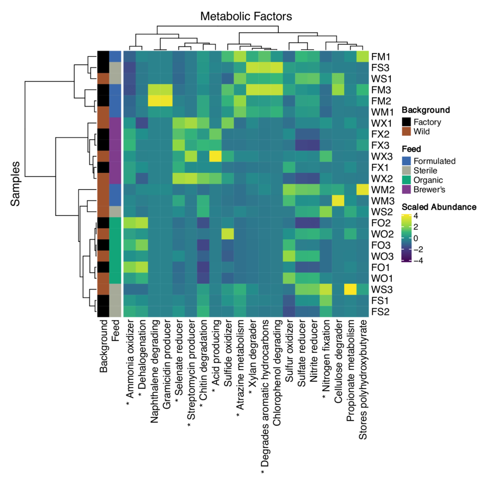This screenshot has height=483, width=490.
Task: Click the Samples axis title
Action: point(15,184)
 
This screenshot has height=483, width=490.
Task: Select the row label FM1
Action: point(380,57)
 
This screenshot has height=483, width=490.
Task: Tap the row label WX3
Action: point(382,156)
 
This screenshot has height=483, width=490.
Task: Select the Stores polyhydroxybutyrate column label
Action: point(363,380)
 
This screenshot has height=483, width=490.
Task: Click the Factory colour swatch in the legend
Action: point(406,122)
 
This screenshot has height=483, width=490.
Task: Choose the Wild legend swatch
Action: point(406,131)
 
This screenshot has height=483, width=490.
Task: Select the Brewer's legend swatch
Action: point(406,189)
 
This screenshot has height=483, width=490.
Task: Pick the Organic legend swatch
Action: point(406,180)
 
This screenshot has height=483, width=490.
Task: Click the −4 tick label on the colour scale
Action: point(418,261)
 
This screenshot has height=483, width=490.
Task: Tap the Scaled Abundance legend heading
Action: point(439,207)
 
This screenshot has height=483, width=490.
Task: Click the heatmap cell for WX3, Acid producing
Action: point(215,156)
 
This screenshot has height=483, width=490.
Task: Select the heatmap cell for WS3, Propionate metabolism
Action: point(350,289)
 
